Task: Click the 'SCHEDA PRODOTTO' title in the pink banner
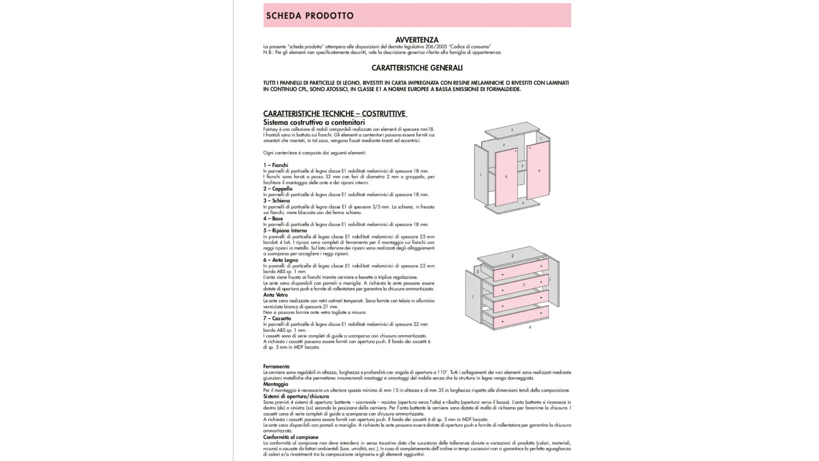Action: [x=310, y=16]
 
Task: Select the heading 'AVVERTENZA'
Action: [x=417, y=40]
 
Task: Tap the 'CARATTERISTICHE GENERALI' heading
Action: [x=417, y=68]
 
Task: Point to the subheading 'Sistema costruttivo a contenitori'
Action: [x=314, y=123]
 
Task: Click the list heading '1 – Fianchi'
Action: [x=276, y=165]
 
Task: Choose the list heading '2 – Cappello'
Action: [x=278, y=189]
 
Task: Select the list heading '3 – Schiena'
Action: [x=276, y=201]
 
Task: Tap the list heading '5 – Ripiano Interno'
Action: [x=285, y=230]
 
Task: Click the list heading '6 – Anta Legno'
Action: [x=281, y=260]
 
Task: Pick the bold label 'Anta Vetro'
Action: [x=276, y=295]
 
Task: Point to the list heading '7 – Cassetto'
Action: [x=277, y=318]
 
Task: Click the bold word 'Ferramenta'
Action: [x=276, y=367]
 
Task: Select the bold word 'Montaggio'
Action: [x=276, y=384]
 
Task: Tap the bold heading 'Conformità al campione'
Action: [x=290, y=437]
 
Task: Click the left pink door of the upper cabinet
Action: [x=506, y=177]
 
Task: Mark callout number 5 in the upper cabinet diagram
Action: [x=522, y=166]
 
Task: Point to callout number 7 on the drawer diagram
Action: [x=524, y=285]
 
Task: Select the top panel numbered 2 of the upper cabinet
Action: [x=512, y=130]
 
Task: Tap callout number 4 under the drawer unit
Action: [x=530, y=327]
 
